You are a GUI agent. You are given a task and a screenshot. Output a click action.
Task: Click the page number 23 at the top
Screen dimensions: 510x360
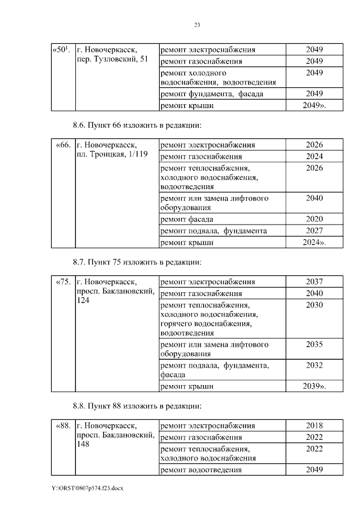[x=197, y=25]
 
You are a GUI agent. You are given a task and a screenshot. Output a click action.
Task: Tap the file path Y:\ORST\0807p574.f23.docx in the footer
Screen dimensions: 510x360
[x=87, y=489]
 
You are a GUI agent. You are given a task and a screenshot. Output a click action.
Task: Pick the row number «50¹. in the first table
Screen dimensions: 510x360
[x=61, y=50]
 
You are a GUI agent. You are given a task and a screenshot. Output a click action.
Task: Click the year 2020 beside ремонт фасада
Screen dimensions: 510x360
[x=314, y=219]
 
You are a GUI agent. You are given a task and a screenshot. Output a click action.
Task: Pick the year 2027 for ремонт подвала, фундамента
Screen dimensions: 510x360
[x=314, y=231]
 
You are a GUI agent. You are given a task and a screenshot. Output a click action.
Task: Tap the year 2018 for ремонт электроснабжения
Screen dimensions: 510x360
[x=314, y=426]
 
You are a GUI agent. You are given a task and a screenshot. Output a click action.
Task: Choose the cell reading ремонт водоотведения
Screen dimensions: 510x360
[x=201, y=469]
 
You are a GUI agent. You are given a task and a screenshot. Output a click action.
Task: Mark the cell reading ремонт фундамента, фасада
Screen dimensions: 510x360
[x=211, y=94]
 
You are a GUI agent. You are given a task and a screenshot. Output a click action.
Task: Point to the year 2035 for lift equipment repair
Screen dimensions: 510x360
[x=314, y=345]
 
